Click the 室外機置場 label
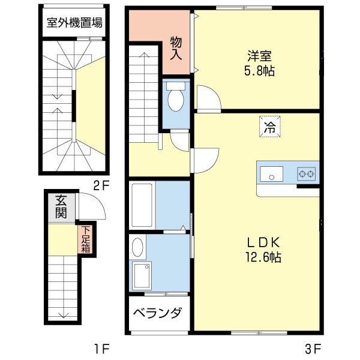tap(74, 23)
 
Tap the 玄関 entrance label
tap(61, 206)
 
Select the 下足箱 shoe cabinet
tap(86, 239)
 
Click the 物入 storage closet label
tap(176, 47)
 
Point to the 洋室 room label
tap(260, 56)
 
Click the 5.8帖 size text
tap(260, 71)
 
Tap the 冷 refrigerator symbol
tap(269, 127)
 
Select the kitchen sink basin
tap(272, 175)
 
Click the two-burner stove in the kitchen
tap(307, 175)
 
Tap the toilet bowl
tap(176, 100)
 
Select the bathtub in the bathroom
tap(142, 205)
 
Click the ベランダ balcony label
tap(157, 314)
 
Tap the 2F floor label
tap(101, 185)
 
